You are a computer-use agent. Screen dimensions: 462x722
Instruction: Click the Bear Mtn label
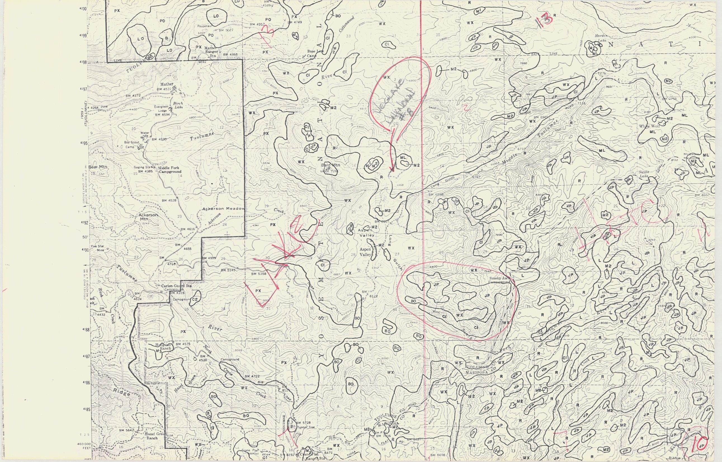98,167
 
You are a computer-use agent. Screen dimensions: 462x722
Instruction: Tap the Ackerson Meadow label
223,209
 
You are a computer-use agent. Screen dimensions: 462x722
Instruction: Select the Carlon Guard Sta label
176,286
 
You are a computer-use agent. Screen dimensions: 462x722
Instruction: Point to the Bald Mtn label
331,165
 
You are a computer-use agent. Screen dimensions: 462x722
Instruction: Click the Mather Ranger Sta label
212,52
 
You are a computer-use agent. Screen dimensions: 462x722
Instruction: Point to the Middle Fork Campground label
170,170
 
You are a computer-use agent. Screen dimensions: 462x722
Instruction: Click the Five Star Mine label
98,248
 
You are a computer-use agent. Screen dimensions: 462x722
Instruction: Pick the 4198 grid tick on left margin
82,62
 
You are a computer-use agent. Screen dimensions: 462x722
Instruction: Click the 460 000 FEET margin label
84,446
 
